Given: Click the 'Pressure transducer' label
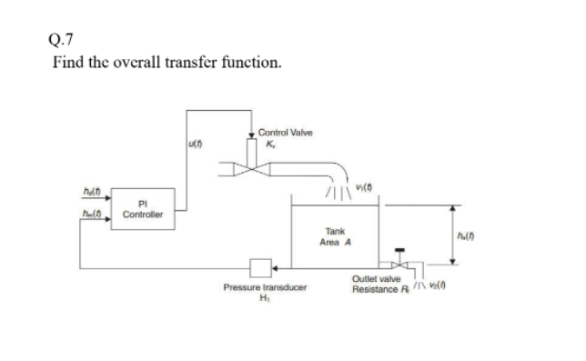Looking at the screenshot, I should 265,287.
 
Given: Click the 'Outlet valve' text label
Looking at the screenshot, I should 377,279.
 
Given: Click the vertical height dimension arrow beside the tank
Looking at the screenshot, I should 455,233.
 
